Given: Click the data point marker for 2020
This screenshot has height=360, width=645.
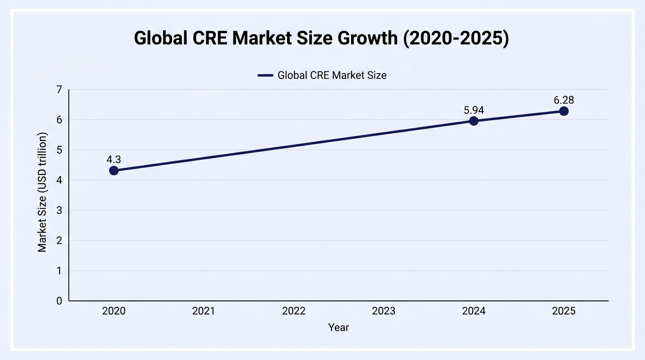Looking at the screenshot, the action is coord(114,171).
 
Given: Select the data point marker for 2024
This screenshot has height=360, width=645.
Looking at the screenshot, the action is coord(473,121).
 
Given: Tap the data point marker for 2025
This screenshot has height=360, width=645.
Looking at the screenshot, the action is coord(564,111).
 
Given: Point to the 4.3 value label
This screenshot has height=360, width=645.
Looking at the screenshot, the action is coord(114,159).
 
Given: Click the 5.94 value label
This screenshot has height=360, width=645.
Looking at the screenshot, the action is coord(473,110).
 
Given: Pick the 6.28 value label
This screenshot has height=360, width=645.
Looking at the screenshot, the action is coord(564,100).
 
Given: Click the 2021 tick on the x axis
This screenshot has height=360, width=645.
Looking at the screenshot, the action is coord(203,311).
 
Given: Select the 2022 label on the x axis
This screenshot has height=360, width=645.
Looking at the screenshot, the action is coord(294,311).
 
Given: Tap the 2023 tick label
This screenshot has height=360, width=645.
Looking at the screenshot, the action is coord(383,311).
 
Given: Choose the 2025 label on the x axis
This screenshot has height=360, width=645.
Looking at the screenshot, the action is coord(564,311).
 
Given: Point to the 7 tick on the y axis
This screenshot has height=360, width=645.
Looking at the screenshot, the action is coord(60,90).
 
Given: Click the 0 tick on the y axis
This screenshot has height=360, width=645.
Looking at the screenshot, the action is coord(60,301).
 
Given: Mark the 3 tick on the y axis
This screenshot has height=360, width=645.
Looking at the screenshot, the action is coord(60,210).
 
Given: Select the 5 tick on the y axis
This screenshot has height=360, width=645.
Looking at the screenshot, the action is coord(60,150).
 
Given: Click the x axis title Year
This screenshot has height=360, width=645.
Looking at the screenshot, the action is coord(338,328).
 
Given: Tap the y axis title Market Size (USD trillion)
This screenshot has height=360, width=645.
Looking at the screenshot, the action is coord(42,192).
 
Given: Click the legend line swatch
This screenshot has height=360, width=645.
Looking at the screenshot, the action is coord(265,75).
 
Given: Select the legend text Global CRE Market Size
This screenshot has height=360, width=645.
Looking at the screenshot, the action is coord(332,75).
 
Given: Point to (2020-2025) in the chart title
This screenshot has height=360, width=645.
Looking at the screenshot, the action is coord(456,38).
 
